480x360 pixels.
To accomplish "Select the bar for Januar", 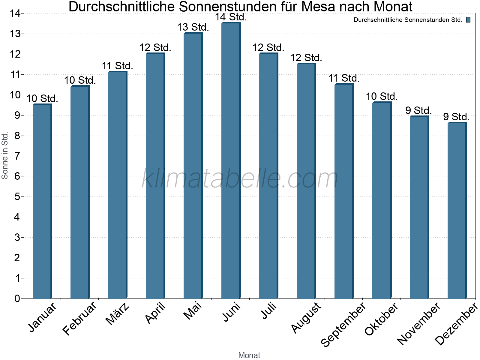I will tap(42, 201).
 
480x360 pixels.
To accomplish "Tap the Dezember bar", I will tap(457, 210).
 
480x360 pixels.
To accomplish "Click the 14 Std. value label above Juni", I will tap(231, 17).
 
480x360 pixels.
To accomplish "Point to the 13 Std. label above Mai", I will tap(193, 27).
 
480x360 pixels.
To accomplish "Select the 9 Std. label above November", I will tap(418, 110).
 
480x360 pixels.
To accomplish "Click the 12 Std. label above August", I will tap(306, 58).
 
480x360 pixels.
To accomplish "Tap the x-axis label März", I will tap(118, 313).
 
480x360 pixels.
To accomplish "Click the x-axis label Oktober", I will tap(381, 319).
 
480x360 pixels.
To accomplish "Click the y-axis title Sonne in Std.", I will tap(5, 156).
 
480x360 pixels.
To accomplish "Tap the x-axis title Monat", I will tap(249, 355).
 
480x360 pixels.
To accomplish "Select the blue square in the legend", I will tap(468, 20).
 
